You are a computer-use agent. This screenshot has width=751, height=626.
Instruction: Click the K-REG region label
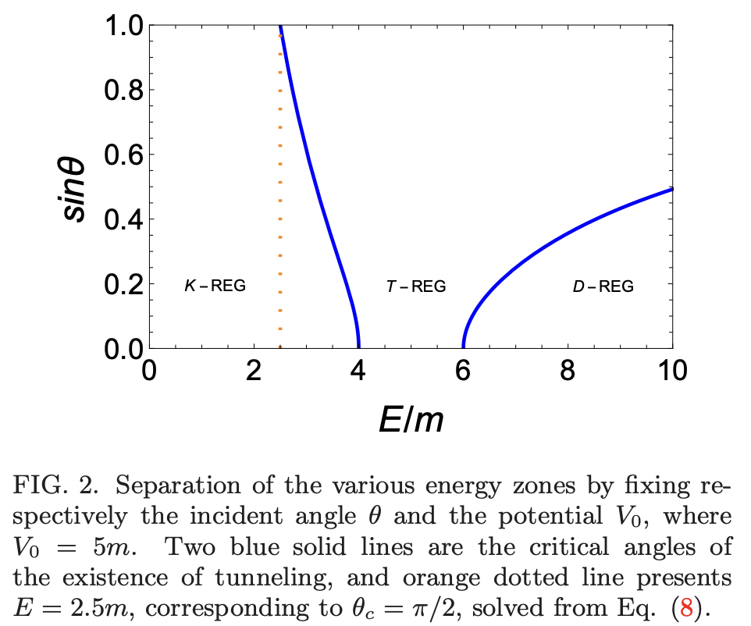tap(215, 286)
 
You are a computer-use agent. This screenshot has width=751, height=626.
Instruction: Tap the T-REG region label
tap(416, 286)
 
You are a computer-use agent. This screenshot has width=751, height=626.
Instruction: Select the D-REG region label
tap(603, 286)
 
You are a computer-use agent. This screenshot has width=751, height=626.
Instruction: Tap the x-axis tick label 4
tap(358, 369)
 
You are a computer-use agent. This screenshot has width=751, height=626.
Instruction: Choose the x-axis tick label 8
tap(568, 369)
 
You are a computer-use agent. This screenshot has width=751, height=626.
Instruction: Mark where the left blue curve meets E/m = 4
tap(358, 347)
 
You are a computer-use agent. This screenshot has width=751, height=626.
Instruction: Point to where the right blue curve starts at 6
tap(464, 347)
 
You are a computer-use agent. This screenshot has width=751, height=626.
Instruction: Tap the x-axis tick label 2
tap(253, 369)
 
